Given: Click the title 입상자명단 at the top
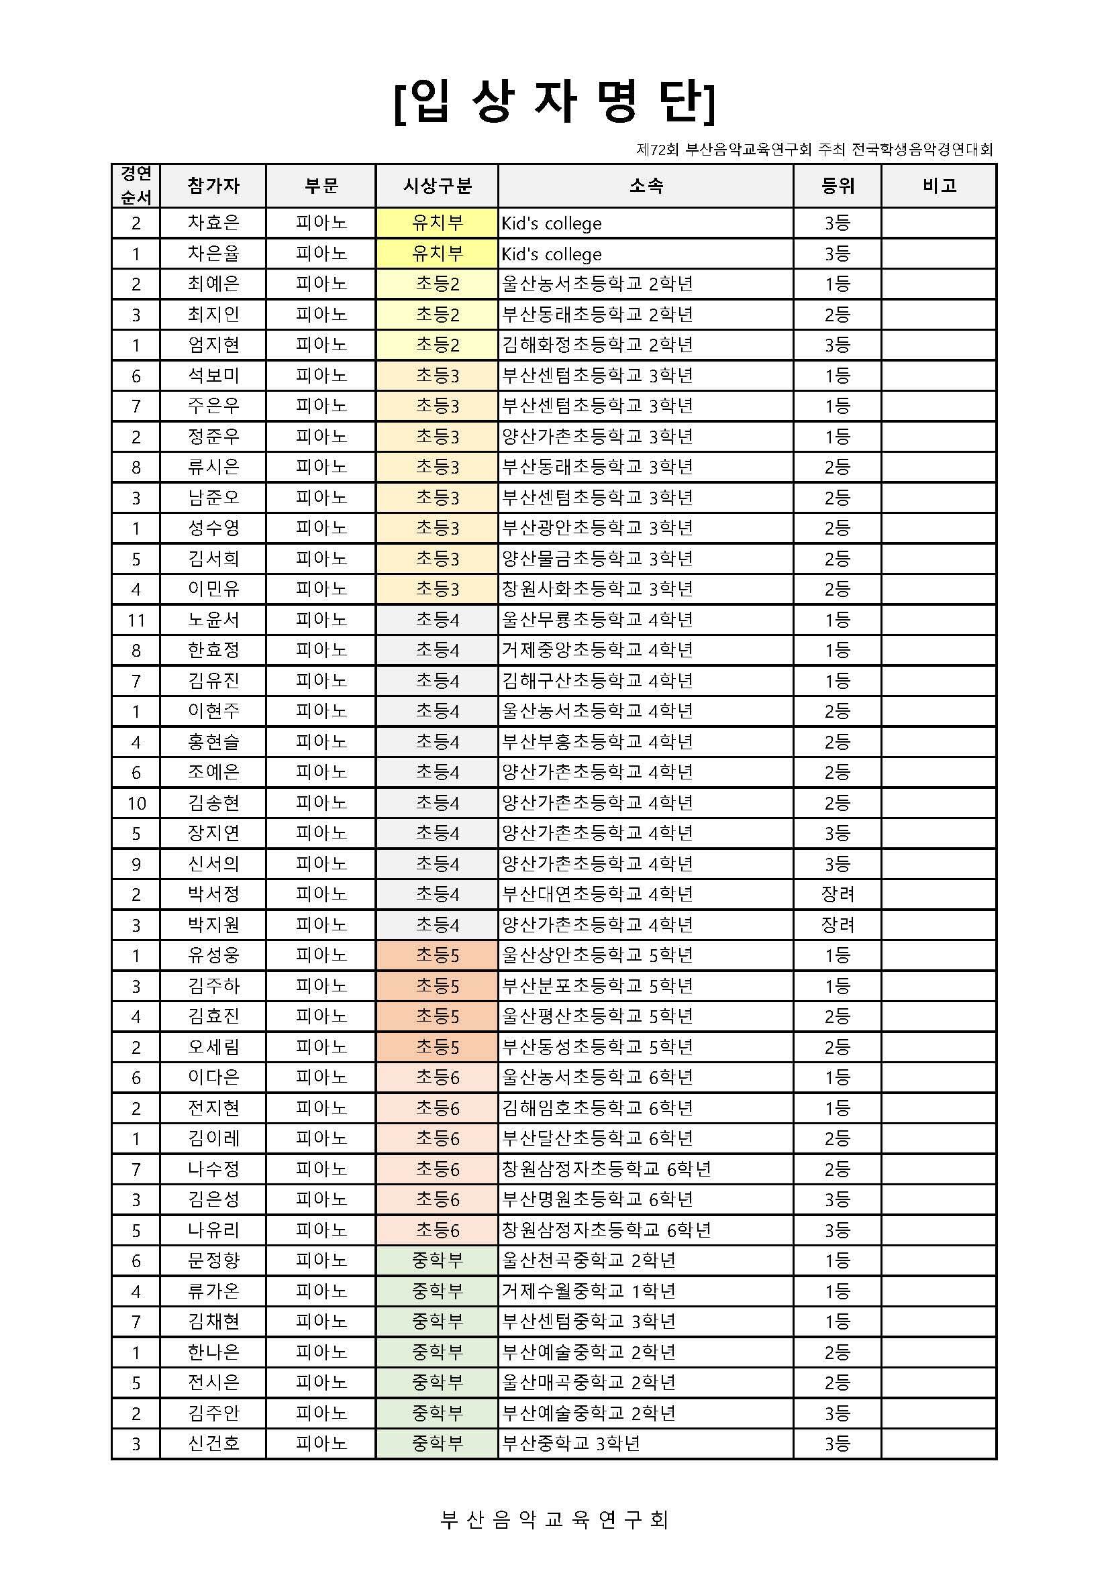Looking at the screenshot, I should pos(554,103).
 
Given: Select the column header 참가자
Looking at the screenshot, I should pos(213,185).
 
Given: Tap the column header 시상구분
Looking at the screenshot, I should pos(437,185).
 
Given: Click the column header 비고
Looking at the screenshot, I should pos(938,185).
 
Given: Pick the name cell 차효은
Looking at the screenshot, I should pos(213,223).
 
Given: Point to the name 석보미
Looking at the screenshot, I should pos(213,375).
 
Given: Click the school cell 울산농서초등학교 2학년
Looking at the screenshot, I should pos(597,284).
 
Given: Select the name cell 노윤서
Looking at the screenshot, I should pos(213,620).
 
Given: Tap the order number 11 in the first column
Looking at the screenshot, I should pos(136,620).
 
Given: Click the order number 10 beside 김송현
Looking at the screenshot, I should pos(136,803).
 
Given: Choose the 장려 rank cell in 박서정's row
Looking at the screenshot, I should pos(838,894).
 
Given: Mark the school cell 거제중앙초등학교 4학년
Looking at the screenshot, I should pos(597,650).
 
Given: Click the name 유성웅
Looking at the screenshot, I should pos(213,955).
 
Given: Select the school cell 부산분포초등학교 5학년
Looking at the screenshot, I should pos(597,985).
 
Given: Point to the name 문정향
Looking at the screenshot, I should pos(213,1260).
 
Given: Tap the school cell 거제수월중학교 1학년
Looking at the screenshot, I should pos(589,1291).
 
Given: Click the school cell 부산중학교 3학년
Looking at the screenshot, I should pos(570,1444).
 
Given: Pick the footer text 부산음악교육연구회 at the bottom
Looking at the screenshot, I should pos(554,1520).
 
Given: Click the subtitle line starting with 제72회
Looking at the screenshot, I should pos(814,149).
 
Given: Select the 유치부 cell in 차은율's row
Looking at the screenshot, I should pos(437,254).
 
